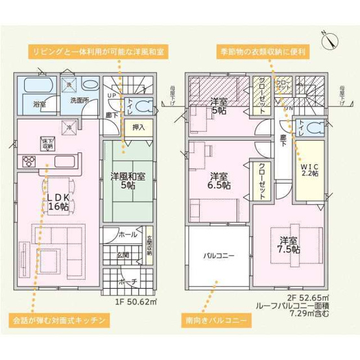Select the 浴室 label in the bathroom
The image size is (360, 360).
tap(31, 102)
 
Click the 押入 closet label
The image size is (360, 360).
tap(138, 128)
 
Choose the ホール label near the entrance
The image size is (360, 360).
tap(127, 235)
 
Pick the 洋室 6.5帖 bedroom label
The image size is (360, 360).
tap(219, 181)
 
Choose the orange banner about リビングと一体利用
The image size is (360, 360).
tap(97, 50)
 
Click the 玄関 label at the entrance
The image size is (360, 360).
tap(123, 256)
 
